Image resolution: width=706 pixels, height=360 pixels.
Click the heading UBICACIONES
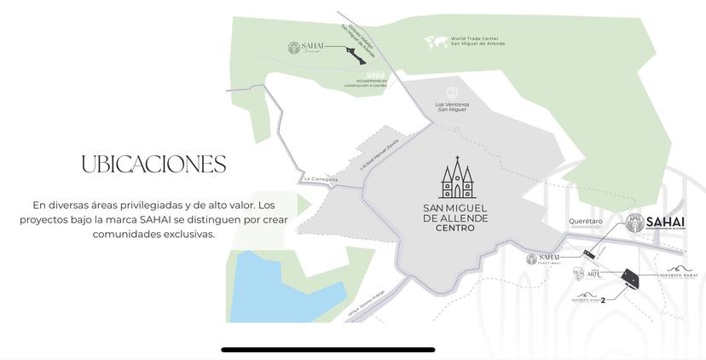[153, 165]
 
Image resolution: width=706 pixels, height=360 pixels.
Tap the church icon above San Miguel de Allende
[457, 179]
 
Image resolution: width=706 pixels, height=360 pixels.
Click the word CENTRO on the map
[455, 229]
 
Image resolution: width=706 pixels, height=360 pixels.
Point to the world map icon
[437, 41]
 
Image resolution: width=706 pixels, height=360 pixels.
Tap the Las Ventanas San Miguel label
[452, 107]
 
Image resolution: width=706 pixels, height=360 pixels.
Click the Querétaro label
[586, 221]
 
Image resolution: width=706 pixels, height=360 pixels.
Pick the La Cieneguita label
[321, 179]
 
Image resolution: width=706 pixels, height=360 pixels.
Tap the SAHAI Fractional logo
[543, 258]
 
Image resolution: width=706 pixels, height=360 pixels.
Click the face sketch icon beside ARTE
[579, 273]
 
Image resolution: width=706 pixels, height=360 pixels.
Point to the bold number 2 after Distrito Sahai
[603, 299]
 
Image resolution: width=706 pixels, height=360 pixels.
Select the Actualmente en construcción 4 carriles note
[365, 84]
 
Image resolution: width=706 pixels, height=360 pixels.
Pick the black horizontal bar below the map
[328, 349]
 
